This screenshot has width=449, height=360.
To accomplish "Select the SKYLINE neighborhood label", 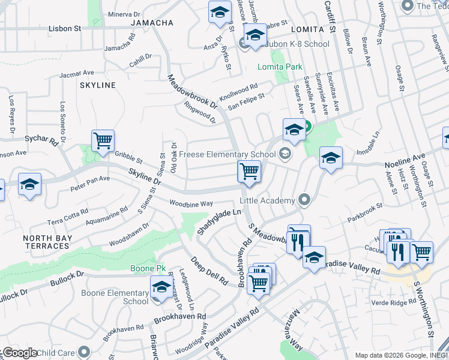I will click(x=97, y=85).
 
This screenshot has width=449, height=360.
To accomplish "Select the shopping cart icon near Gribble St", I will click(x=103, y=142).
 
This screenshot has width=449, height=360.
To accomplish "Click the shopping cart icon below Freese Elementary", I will click(x=249, y=172).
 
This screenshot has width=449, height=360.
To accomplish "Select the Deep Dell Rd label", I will click(x=209, y=271).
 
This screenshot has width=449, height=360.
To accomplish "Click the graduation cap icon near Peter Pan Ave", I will click(x=29, y=185).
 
